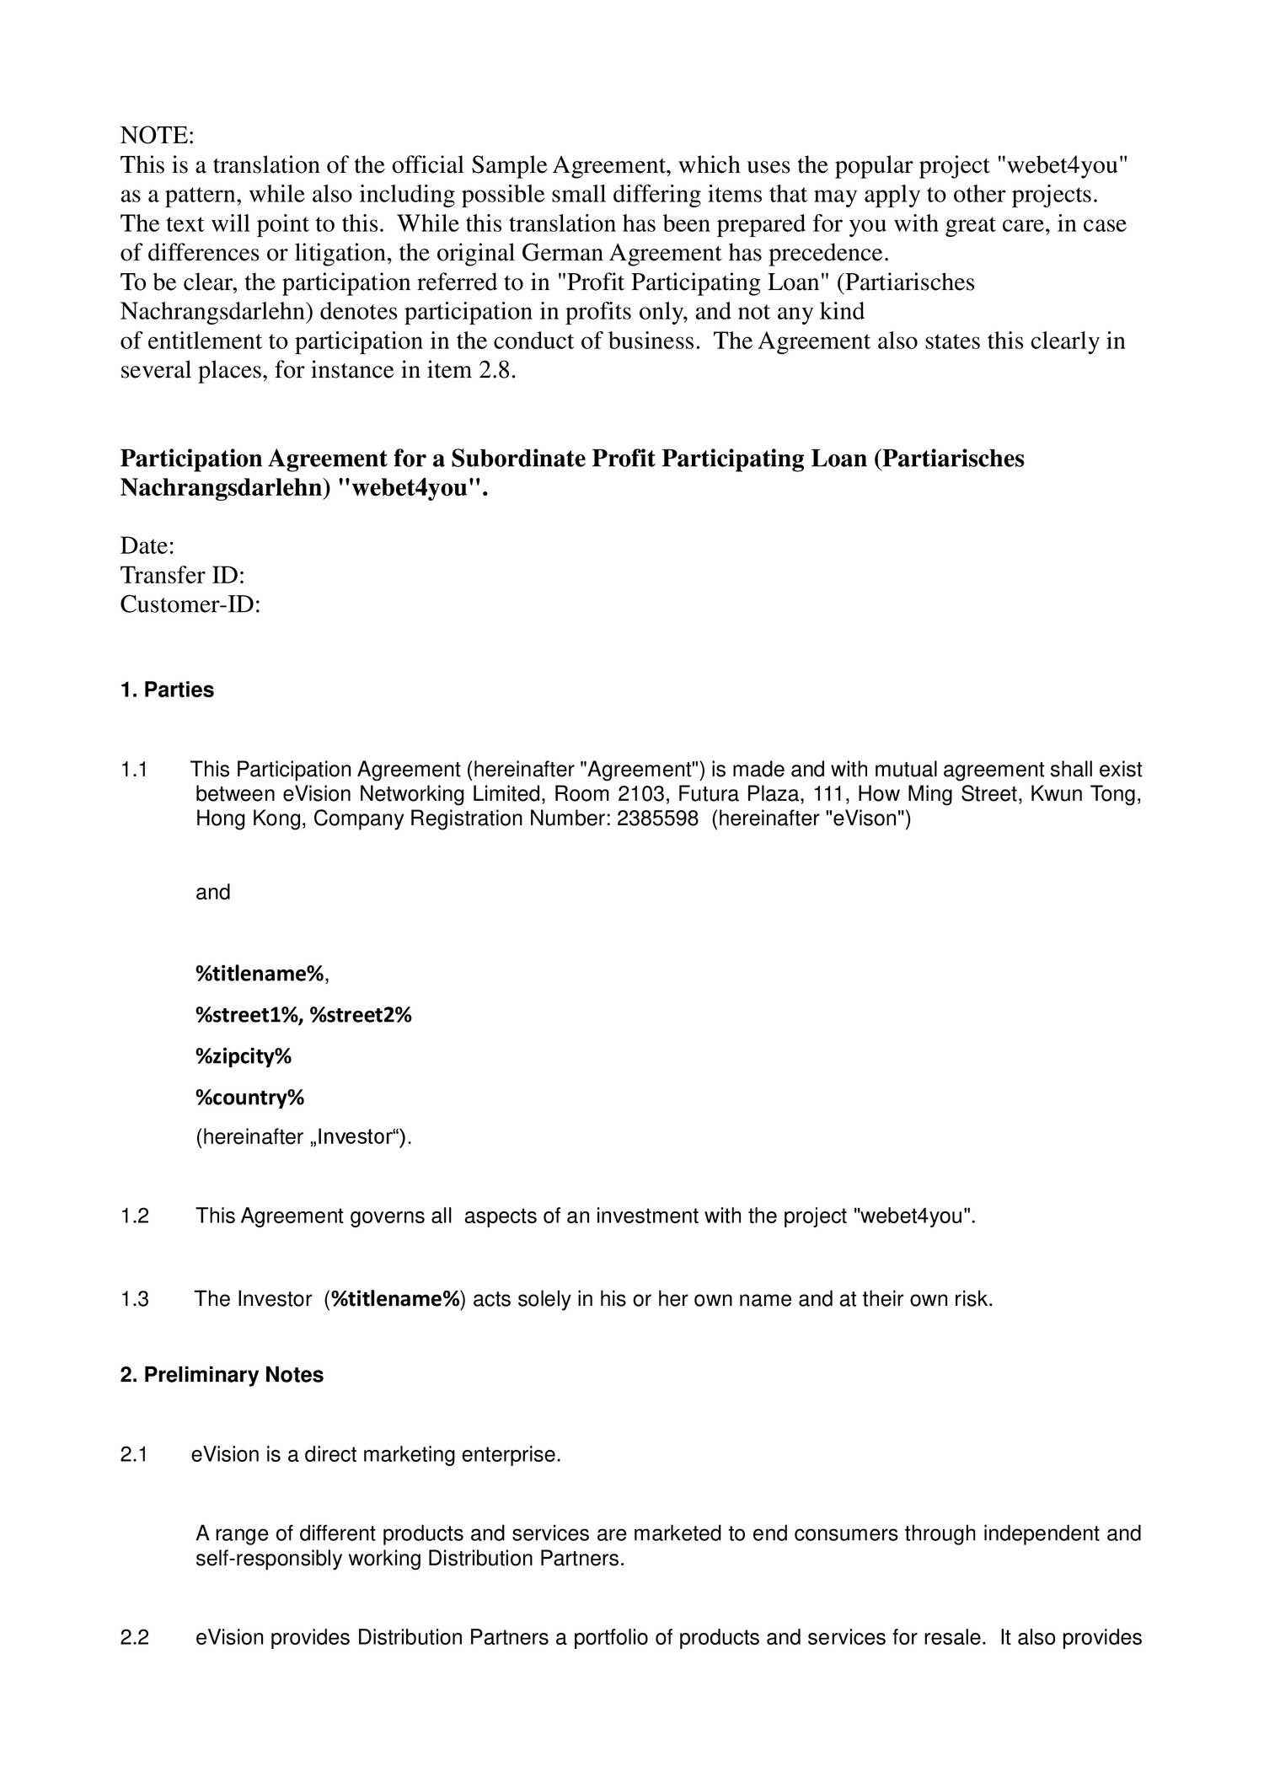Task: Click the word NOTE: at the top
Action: click(x=158, y=136)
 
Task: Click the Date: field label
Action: click(x=147, y=546)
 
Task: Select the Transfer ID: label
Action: click(x=182, y=576)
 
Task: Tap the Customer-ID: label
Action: click(x=190, y=604)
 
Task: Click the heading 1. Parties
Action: click(x=167, y=690)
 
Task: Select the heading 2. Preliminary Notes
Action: click(x=222, y=1375)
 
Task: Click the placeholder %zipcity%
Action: click(x=243, y=1056)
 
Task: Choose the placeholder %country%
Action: click(x=249, y=1098)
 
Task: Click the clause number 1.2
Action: click(x=135, y=1216)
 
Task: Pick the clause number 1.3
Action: click(x=135, y=1299)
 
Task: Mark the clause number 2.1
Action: click(x=134, y=1455)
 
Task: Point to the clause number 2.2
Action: click(x=135, y=1638)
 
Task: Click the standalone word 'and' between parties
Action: click(x=212, y=893)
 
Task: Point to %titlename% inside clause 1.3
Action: click(x=396, y=1299)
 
